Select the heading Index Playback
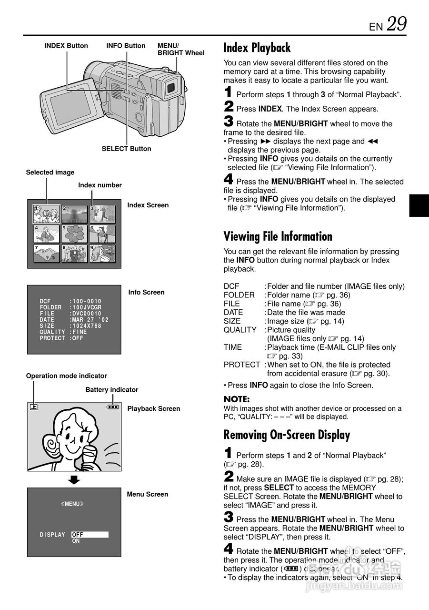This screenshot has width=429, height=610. click(257, 48)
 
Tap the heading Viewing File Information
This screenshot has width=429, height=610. click(278, 236)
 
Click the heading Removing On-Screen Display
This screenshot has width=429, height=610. click(287, 435)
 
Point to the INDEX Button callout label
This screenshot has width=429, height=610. click(66, 46)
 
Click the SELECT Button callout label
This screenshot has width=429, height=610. click(126, 149)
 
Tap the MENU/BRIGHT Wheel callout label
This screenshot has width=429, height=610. click(181, 49)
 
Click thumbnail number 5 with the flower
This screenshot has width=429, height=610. click(74, 234)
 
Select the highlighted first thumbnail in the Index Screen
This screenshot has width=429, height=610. click(46, 214)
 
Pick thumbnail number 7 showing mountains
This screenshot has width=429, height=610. click(47, 254)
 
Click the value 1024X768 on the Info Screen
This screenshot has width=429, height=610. click(87, 326)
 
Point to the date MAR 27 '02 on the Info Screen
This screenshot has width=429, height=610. click(90, 320)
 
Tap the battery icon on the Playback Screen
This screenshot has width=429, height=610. click(113, 407)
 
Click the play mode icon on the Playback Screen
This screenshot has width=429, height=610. click(33, 407)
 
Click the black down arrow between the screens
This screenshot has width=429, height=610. click(73, 479)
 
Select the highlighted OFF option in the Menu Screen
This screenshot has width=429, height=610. click(90, 535)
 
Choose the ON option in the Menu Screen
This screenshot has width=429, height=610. click(76, 541)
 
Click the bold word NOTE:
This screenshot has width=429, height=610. click(237, 399)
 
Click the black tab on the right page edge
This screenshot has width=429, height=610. click(419, 206)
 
